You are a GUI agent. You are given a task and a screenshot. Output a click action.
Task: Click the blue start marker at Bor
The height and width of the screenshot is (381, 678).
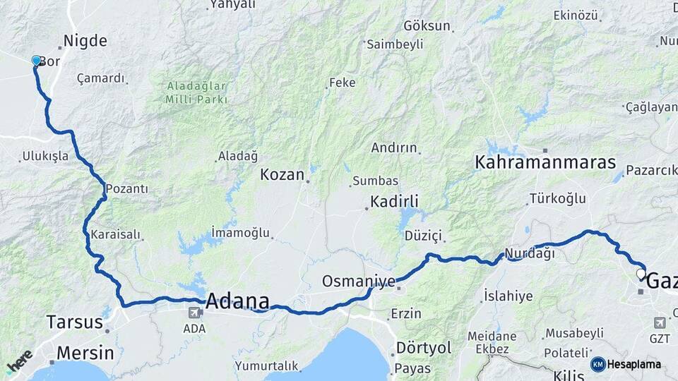pyautogui.click(x=37, y=61)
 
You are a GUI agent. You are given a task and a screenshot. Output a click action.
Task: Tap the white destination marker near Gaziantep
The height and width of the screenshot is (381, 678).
pyautogui.click(x=641, y=274)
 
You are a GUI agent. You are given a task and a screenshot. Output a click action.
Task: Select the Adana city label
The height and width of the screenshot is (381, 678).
pyautogui.click(x=237, y=301)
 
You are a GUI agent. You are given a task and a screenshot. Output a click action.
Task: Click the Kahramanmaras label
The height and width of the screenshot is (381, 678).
pyautogui.click(x=545, y=162)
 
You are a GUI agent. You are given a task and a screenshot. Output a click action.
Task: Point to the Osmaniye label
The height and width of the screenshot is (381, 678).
pyautogui.click(x=359, y=281)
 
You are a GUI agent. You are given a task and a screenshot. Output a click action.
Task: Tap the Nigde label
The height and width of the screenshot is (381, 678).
pyautogui.click(x=85, y=41)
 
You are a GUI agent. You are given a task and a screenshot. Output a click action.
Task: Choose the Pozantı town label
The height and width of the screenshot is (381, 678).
pyautogui.click(x=127, y=189)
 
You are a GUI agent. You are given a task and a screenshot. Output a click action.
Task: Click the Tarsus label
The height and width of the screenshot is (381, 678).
pyautogui.click(x=74, y=322)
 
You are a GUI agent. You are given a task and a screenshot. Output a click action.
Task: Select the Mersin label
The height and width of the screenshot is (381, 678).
pyautogui.click(x=85, y=352)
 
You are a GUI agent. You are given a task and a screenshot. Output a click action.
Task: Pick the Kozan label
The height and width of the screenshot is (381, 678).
pyautogui.click(x=282, y=174)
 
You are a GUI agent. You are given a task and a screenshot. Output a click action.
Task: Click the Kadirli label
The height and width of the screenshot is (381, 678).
pyautogui.click(x=395, y=202)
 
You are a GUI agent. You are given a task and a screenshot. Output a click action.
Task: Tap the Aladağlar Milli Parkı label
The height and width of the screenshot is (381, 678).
pyautogui.click(x=196, y=92)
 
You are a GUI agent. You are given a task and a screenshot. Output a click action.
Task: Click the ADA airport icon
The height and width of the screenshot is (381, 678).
pyautogui.click(x=194, y=312)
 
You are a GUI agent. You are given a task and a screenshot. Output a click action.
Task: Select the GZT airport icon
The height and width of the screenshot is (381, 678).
pyautogui.click(x=660, y=322)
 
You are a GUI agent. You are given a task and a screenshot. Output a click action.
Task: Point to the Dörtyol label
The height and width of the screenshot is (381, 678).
pyautogui.click(x=424, y=348)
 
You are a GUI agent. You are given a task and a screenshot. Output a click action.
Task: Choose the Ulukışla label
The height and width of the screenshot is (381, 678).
pyautogui.click(x=45, y=157)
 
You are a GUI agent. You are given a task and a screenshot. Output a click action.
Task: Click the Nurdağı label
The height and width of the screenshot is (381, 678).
pyautogui.click(x=529, y=253)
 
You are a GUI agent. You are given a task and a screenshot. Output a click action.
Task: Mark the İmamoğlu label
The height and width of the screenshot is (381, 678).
pyautogui.click(x=241, y=231)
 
